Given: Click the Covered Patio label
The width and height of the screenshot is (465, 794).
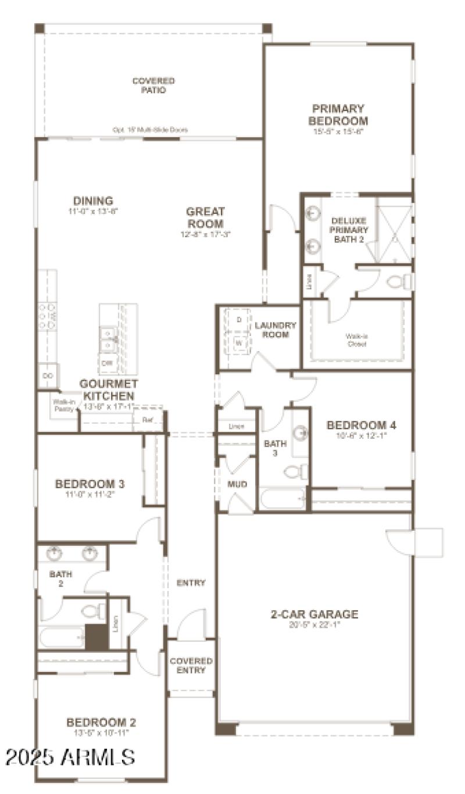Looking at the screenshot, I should [x=153, y=85].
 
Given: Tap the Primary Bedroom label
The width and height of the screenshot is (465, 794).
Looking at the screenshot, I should [x=338, y=115].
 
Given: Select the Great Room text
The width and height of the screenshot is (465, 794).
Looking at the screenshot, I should [x=205, y=217].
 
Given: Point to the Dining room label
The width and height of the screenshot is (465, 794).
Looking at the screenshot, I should [x=93, y=201].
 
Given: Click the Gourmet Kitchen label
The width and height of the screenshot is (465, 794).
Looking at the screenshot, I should [x=109, y=389].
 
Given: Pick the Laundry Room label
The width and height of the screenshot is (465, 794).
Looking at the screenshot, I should [x=276, y=330].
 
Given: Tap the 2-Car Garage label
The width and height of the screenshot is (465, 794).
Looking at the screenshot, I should [x=314, y=614].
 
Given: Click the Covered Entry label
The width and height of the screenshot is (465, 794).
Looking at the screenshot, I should [x=191, y=666].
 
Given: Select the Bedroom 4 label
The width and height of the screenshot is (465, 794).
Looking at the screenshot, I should [x=356, y=425].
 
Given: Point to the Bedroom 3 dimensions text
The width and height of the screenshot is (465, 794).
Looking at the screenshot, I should [x=90, y=495].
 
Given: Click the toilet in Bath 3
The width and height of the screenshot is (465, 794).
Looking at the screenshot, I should [x=296, y=471].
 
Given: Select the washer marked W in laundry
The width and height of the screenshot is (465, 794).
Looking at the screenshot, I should [x=238, y=343].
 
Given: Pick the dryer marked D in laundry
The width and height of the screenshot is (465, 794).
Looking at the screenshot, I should [x=238, y=320].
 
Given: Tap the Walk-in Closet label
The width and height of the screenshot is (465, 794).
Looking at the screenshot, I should [x=356, y=339].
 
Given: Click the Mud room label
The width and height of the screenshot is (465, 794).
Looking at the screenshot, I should [x=237, y=484].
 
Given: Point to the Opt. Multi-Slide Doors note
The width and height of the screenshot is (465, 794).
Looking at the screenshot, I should [x=150, y=130].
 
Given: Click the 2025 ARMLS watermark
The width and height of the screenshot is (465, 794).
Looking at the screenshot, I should [x=70, y=757].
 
